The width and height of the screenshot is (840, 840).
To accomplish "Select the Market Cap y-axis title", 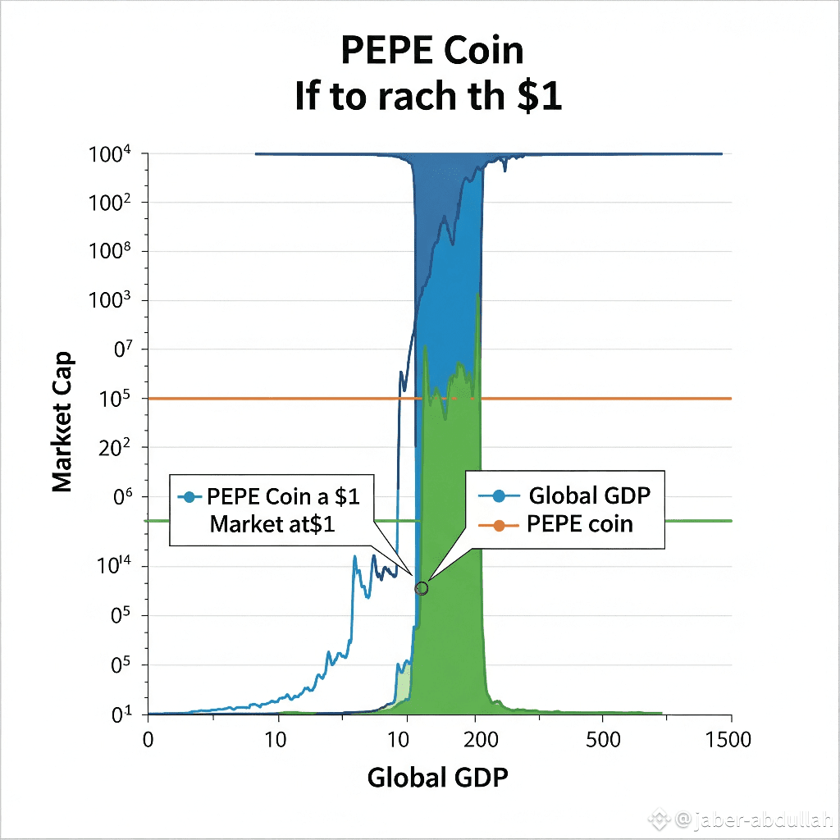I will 63,422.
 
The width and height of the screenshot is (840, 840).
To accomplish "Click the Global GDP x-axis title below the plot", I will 437,776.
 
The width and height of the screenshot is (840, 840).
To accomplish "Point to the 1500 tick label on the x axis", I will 726,740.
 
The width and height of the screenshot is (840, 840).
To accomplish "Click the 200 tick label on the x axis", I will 480,740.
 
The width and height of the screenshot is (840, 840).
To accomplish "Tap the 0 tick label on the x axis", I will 148,740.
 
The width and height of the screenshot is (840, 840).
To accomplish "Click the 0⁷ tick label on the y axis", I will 126,350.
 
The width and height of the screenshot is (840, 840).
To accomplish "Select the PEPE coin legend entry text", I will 580,524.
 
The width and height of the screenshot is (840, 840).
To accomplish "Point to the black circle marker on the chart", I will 422,588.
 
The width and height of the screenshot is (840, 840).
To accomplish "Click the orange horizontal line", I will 615,399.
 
